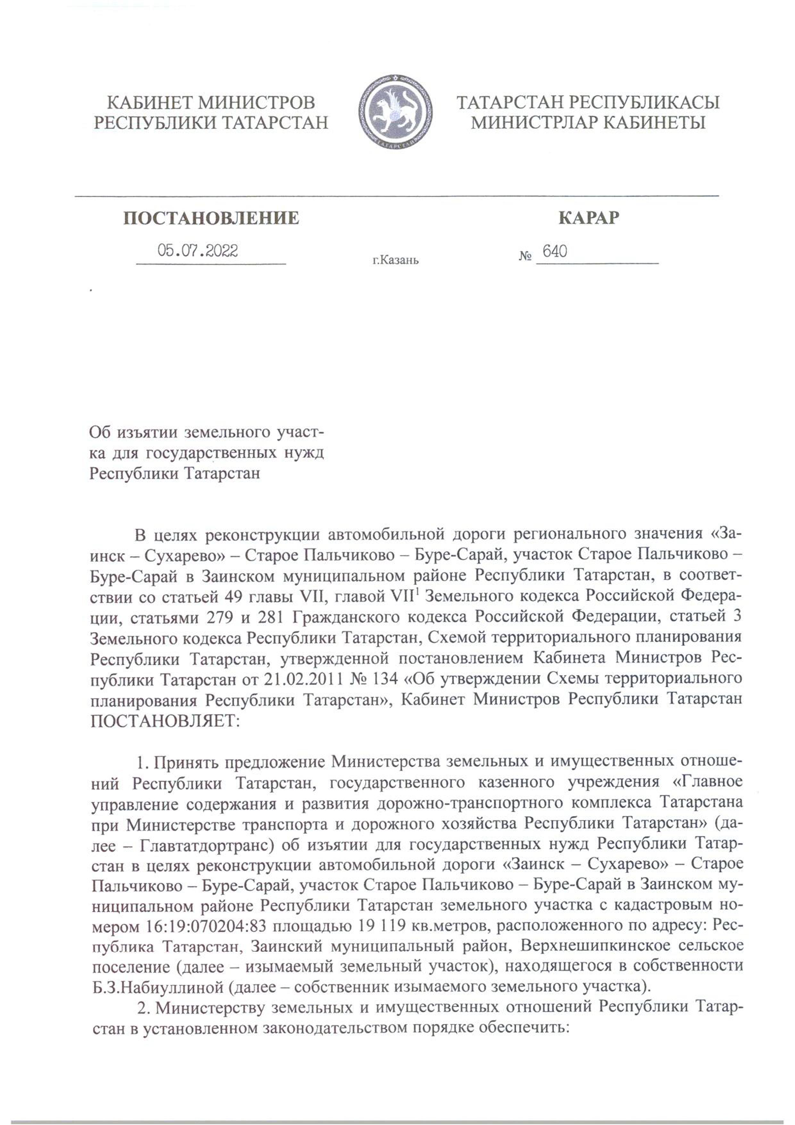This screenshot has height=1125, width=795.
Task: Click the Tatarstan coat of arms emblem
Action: point(396,112)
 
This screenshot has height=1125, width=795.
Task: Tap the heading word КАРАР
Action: point(589,217)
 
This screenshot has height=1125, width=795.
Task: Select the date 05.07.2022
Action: point(198,251)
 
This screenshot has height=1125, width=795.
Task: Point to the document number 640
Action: point(555,252)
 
